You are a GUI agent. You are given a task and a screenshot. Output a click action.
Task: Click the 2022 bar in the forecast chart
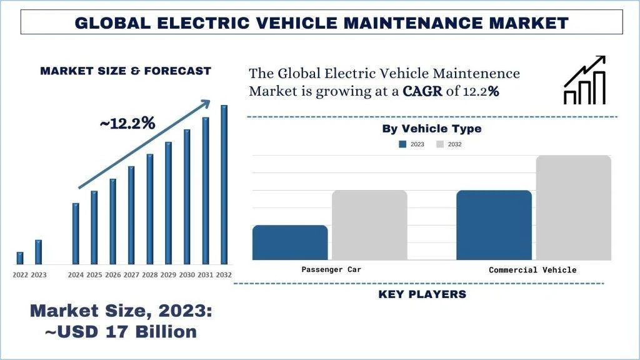coord(20,257)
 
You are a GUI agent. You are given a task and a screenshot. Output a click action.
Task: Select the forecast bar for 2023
coord(38,251)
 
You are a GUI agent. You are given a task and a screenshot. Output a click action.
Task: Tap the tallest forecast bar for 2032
coord(224,184)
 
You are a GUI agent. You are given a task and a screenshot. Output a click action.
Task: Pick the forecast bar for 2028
coord(150,209)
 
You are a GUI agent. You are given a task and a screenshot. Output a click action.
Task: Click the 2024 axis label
coord(76,275)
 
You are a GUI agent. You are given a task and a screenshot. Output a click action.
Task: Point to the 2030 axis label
coord(187,275)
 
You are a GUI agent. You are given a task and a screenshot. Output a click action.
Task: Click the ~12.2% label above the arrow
coord(127,124)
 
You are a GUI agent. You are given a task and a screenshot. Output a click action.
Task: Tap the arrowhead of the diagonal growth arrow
coord(206,104)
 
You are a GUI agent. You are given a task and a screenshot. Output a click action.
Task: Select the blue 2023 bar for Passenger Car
coord(290,242)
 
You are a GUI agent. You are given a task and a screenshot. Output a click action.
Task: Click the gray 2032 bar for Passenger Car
coord(369,225)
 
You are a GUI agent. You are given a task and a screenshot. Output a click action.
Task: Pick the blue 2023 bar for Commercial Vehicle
coord(494,225)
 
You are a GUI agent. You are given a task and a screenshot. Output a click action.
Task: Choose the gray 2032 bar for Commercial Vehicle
coord(573,207)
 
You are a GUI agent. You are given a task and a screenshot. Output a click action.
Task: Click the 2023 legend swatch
coord(402,144)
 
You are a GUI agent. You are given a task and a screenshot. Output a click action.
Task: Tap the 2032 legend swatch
coord(440,144)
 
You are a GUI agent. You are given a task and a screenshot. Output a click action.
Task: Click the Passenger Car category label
coord(331,269)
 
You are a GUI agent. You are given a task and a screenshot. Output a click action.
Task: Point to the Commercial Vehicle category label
coord(532,270)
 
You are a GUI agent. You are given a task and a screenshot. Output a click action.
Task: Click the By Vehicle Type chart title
coord(432,129)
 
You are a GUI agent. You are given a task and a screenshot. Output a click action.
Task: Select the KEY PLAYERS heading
coord(422,294)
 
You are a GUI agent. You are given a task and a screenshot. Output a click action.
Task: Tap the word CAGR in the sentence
coord(422,91)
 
